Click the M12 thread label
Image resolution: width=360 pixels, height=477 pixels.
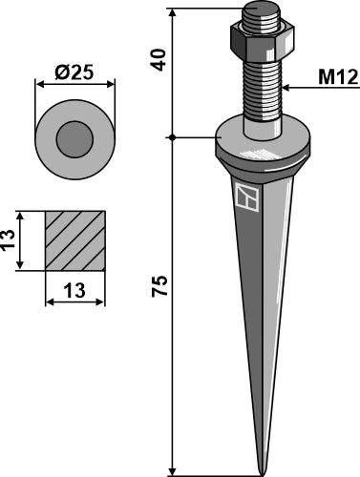coord(338,77)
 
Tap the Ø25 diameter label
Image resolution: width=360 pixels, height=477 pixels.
coord(74,73)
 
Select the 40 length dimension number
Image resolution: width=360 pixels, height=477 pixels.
coord(159,59)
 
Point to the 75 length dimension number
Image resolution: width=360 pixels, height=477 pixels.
coord(159,285)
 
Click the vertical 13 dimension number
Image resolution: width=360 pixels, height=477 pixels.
coord(9,239)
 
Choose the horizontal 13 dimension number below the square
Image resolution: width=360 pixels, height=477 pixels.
coord(74,290)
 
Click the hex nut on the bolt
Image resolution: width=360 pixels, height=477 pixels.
coord(263,42)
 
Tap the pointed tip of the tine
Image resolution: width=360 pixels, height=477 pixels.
coord(262,474)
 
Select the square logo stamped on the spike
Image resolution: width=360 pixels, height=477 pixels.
coord(247,197)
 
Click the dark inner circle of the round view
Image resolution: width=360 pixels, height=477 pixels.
coord(74,139)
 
